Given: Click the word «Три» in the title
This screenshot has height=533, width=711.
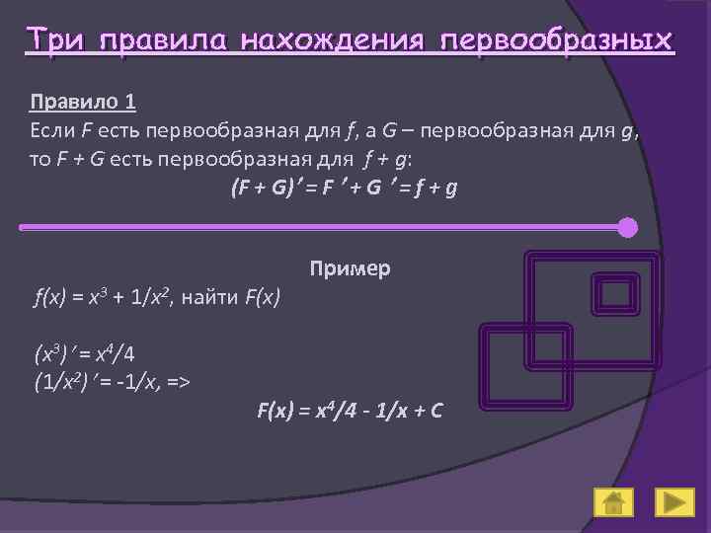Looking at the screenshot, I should tap(57, 40).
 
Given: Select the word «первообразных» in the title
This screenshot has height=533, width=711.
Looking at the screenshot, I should tap(558, 40).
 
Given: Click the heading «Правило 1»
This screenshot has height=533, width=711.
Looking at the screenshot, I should tap(84, 102).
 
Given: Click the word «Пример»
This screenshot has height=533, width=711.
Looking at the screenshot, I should tap(350, 267).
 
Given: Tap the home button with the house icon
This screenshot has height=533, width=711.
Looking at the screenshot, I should tap(613, 502).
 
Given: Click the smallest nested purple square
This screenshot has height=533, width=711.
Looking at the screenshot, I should tap(617, 293).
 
